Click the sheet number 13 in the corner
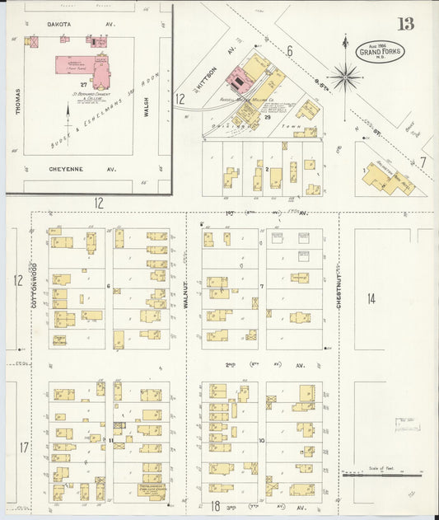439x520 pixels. (x=405, y=23)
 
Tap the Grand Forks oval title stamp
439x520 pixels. (x=381, y=52)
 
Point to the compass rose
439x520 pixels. (x=345, y=77)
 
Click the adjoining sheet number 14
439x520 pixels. (x=371, y=298)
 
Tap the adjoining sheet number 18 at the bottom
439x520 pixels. (x=214, y=505)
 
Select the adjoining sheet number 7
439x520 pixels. (x=423, y=162)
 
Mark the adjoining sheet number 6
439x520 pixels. (x=290, y=51)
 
